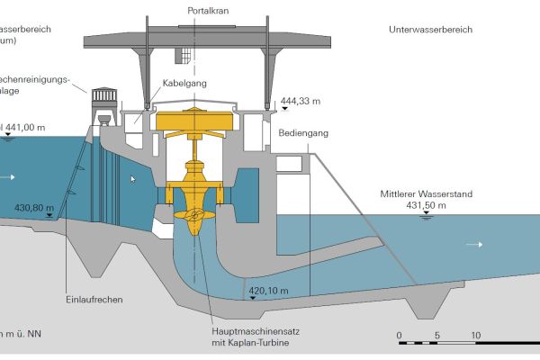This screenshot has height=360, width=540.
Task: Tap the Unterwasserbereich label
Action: [x=431, y=30]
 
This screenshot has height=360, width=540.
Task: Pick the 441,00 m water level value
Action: [x=26, y=128]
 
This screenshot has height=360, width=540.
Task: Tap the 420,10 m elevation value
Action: [x=267, y=291]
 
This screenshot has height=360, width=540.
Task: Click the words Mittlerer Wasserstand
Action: [x=426, y=193]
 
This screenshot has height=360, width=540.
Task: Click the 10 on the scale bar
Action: [x=475, y=334]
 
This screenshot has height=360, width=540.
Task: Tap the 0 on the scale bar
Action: [x=399, y=334]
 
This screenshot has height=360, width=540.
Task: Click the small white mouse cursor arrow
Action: [x=133, y=179]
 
